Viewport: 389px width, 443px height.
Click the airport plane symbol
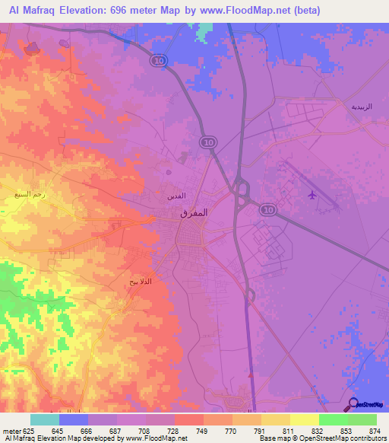point(312,196)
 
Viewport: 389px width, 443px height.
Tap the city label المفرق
point(193,214)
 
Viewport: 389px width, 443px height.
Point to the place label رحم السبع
point(29,195)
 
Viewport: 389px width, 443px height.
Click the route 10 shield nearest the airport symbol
point(266,209)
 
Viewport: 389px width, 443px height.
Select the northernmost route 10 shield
point(158,61)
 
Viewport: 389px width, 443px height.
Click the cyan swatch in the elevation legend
point(44,419)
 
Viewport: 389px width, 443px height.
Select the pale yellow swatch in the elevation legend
point(304,419)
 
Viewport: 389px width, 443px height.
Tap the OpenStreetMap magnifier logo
point(353,404)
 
